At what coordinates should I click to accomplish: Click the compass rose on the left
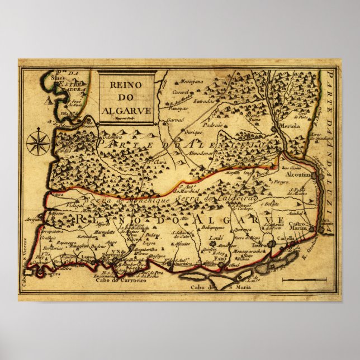[x=37, y=141]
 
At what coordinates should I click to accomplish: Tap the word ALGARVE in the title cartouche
[x=126, y=110]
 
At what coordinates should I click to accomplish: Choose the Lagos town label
[x=88, y=257]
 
